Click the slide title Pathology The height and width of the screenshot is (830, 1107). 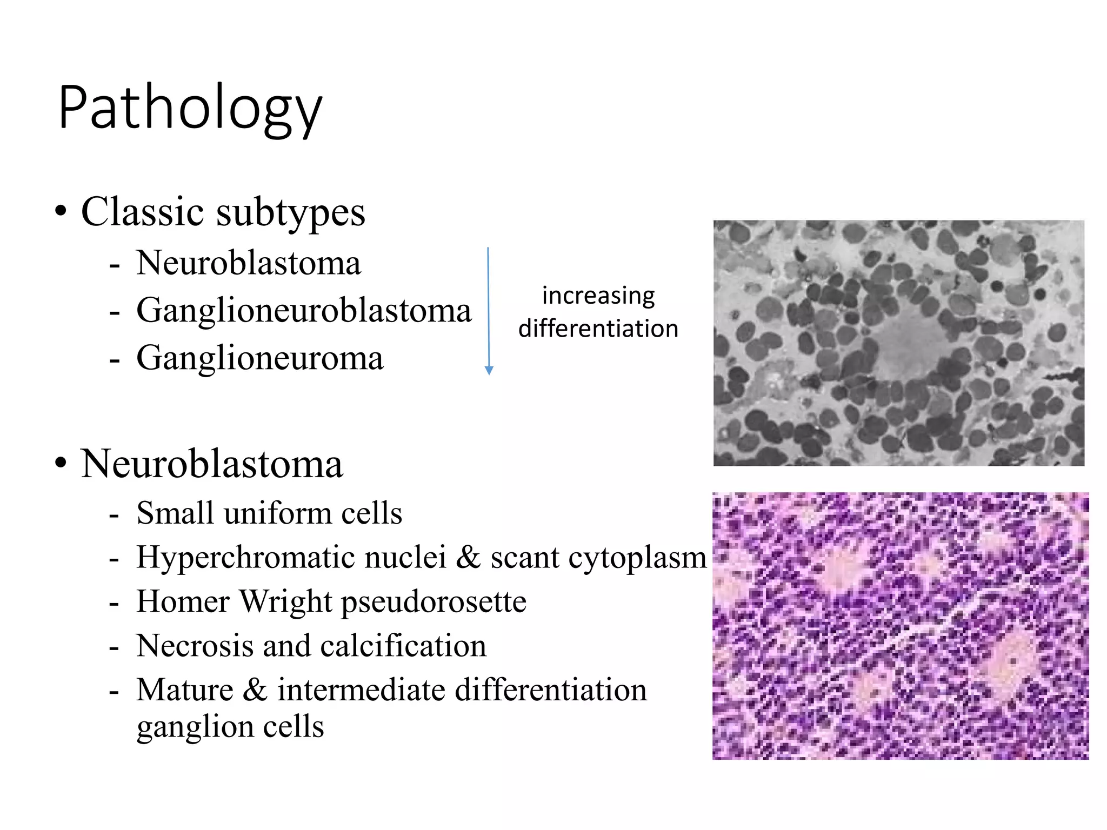(190, 108)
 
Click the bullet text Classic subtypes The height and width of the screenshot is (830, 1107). (223, 212)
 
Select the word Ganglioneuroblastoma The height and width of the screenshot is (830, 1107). (304, 311)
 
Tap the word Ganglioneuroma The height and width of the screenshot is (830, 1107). (259, 358)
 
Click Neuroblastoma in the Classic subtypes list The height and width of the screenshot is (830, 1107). (248, 264)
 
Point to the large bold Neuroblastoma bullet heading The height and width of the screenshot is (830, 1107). (211, 464)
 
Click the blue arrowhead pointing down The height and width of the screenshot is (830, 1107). (489, 370)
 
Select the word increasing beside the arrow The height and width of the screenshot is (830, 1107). (598, 296)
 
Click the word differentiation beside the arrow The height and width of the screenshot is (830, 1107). (598, 329)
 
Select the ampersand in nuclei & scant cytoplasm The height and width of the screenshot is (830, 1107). (468, 557)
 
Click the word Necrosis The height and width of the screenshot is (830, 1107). (195, 646)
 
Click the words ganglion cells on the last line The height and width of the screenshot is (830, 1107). (230, 727)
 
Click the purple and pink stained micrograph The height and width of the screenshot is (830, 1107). (900, 626)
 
